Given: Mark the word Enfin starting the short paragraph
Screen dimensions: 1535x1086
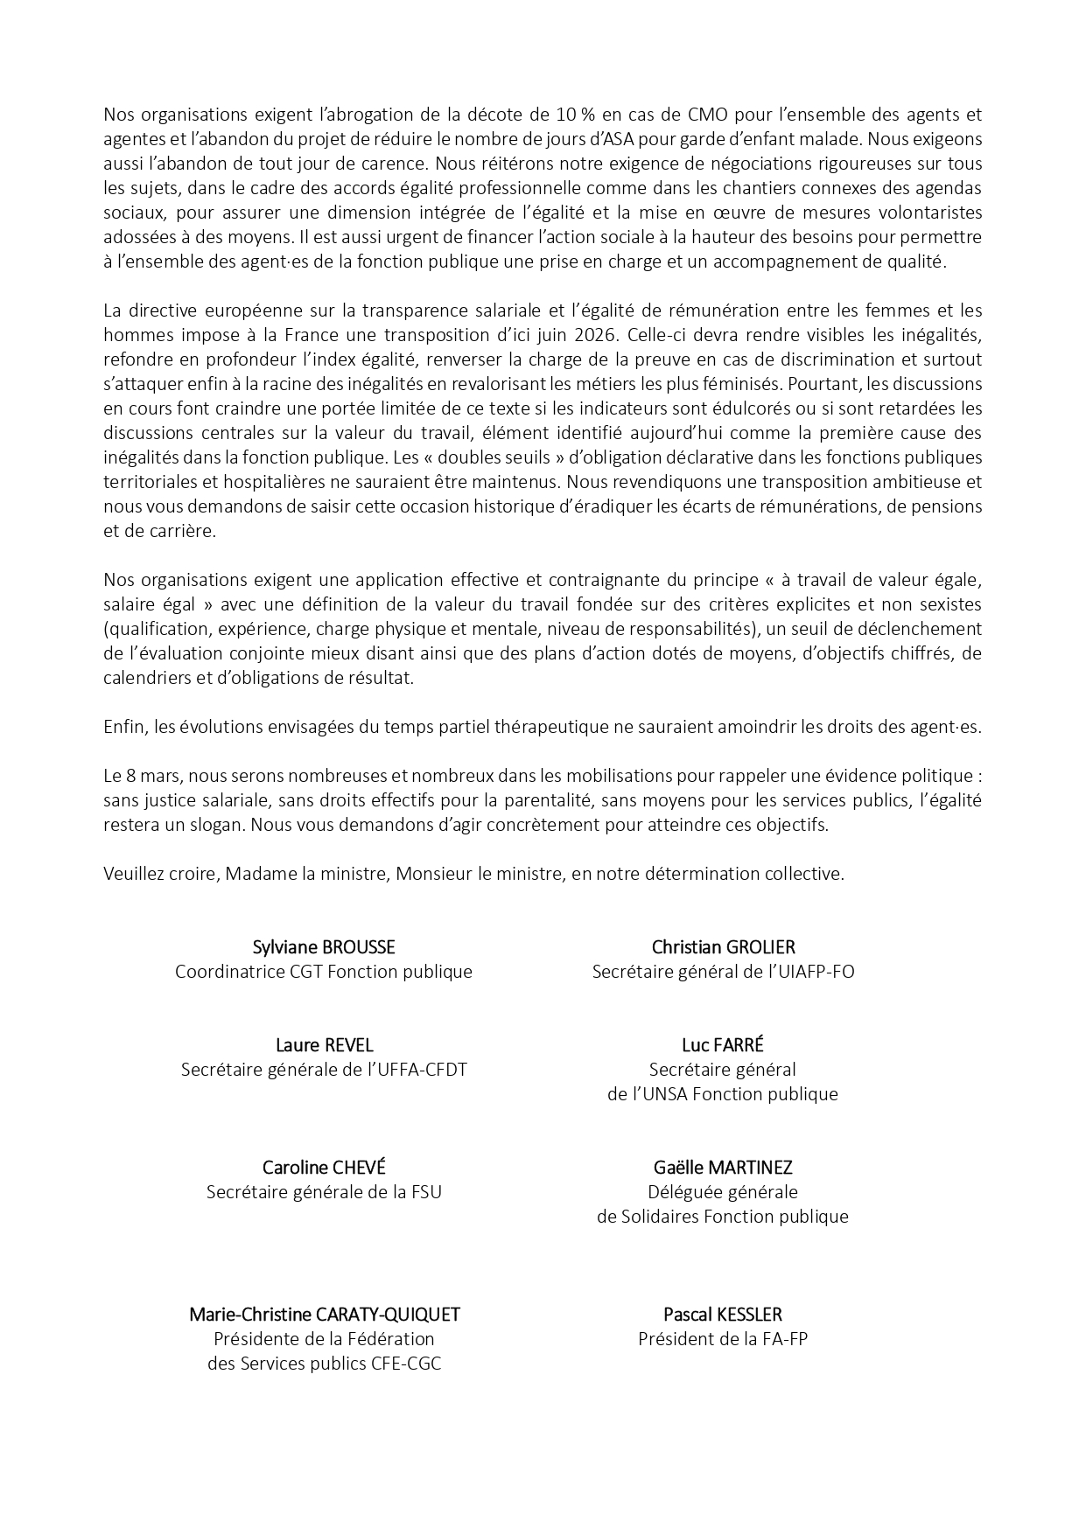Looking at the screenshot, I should (123, 727).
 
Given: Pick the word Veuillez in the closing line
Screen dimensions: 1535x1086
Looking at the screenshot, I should (132, 874).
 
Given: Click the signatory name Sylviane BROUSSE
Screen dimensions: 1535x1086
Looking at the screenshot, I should (324, 947).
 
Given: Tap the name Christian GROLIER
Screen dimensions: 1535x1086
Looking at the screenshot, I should (723, 947).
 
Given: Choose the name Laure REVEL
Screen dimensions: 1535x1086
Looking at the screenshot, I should (324, 1045).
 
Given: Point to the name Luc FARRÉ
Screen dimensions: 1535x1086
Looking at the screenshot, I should (723, 1045).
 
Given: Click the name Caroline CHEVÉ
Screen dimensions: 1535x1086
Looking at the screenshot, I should (324, 1168).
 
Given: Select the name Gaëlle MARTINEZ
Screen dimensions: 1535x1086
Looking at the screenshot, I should (723, 1168).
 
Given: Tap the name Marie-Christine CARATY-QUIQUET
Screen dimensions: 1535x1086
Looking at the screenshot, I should (324, 1315).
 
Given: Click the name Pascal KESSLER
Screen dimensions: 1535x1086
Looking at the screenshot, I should (723, 1315).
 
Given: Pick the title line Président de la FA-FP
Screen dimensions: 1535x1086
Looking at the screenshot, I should (723, 1339).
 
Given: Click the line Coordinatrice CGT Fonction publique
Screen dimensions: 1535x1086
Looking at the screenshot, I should (324, 972).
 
